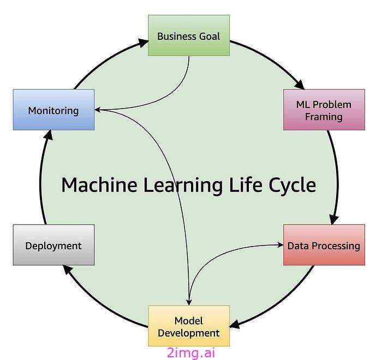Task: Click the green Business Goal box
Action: pyautogui.click(x=189, y=35)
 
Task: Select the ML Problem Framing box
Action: pyautogui.click(x=324, y=110)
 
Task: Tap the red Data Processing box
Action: pyautogui.click(x=324, y=245)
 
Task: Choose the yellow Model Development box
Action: pyautogui.click(x=189, y=326)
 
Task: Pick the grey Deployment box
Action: pyautogui.click(x=53, y=245)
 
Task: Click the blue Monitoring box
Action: pyautogui.click(x=53, y=110)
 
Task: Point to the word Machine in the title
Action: pyautogui.click(x=99, y=185)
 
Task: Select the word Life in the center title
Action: pyautogui.click(x=246, y=185)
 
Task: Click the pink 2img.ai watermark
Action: pyautogui.click(x=191, y=353)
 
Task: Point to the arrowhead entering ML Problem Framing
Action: pyautogui.click(x=300, y=85)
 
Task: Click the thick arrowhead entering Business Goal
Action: pyautogui.click(x=144, y=43)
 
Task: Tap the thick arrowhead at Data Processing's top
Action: pyautogui.click(x=334, y=219)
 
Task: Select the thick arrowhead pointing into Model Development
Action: pyautogui.click(x=234, y=324)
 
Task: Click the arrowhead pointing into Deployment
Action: pyautogui.click(x=68, y=269)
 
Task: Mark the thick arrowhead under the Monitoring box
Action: pyautogui.click(x=49, y=135)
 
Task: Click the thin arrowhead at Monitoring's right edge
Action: pyautogui.click(x=98, y=110)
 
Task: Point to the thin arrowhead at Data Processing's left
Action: pyautogui.click(x=280, y=245)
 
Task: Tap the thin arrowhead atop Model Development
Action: pyautogui.click(x=189, y=303)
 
